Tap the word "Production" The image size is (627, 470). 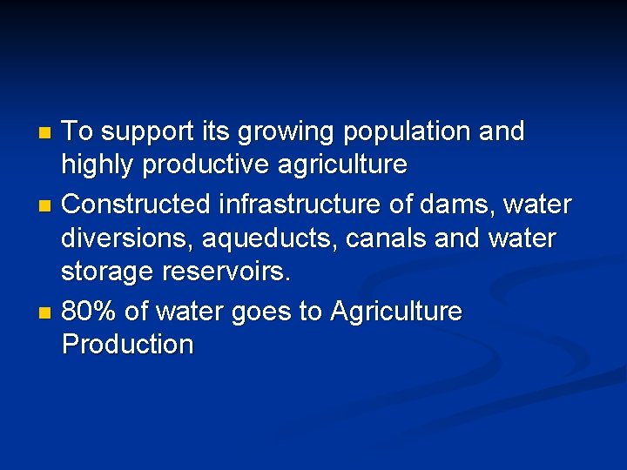tap(128, 345)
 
